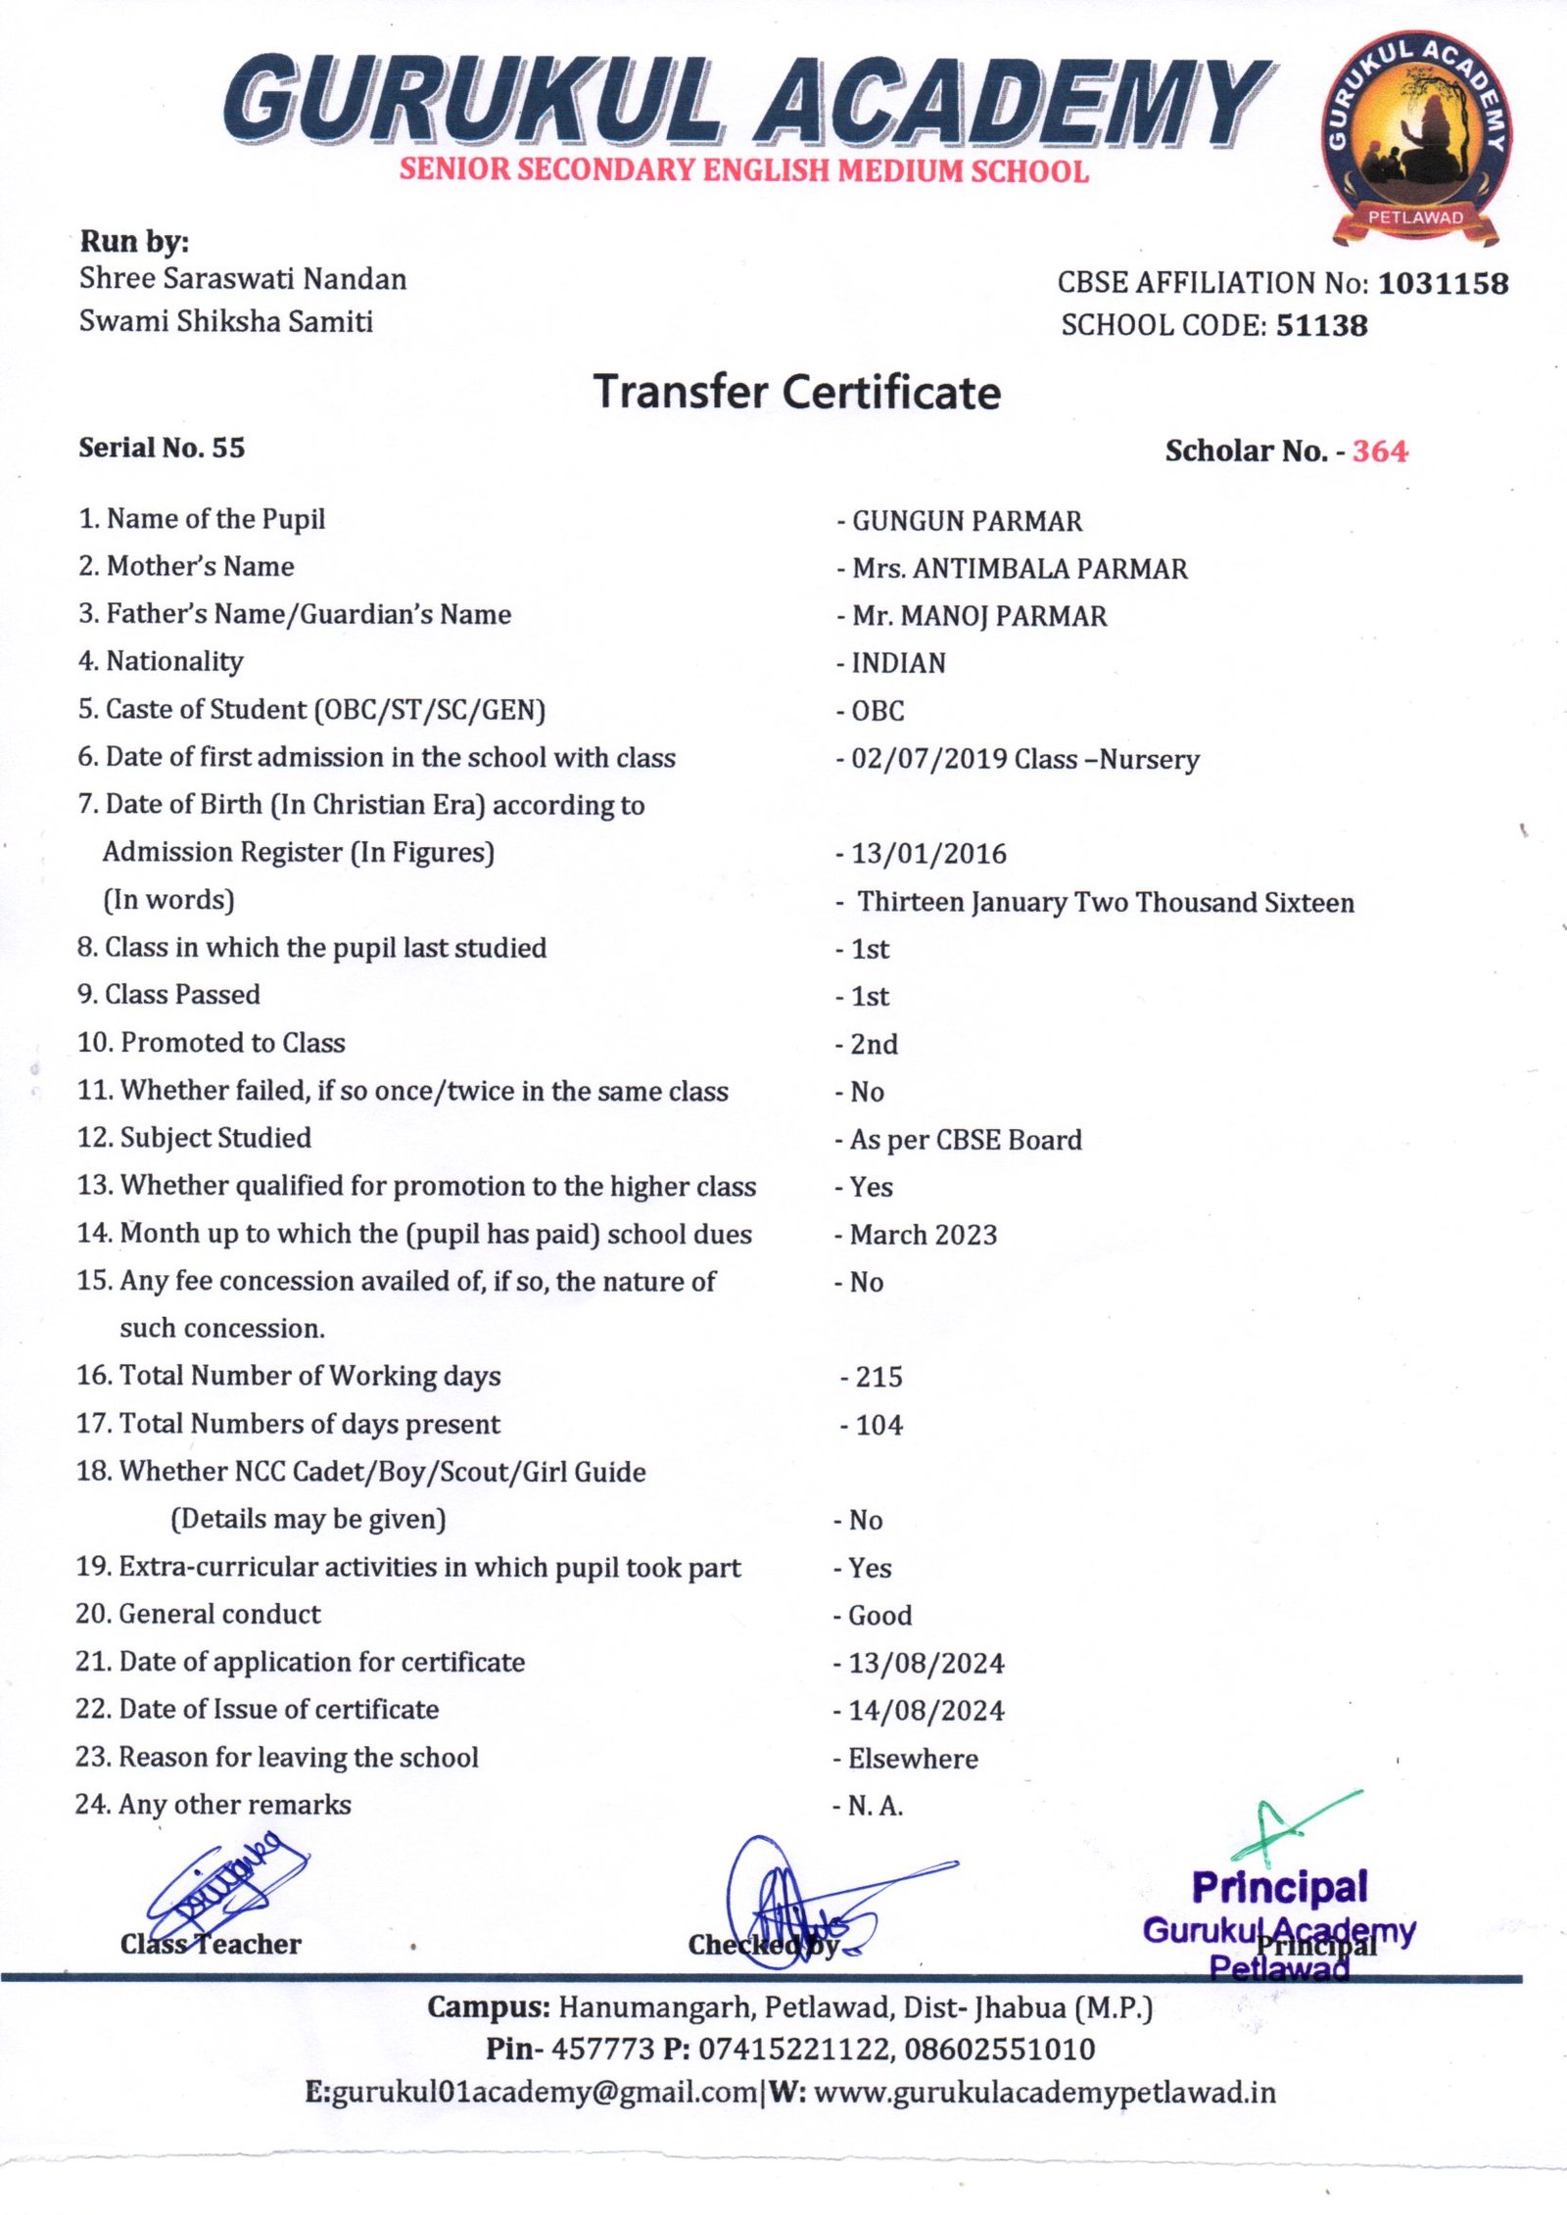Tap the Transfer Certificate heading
click(x=797, y=393)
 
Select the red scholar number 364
click(x=1380, y=451)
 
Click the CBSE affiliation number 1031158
click(x=1443, y=283)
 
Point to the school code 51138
click(x=1321, y=325)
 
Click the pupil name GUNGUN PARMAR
click(x=967, y=521)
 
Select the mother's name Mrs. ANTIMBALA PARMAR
click(x=1020, y=569)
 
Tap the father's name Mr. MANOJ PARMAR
click(x=979, y=616)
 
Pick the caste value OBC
click(x=878, y=711)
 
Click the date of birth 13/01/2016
click(x=928, y=854)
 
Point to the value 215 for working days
click(x=878, y=1377)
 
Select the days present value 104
click(x=878, y=1425)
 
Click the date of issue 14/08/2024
click(x=926, y=1711)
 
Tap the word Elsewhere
click(x=913, y=1759)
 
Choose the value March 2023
click(x=923, y=1235)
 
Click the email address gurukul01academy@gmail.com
click(x=545, y=2093)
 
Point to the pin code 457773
click(x=602, y=2049)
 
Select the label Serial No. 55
click(x=162, y=448)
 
